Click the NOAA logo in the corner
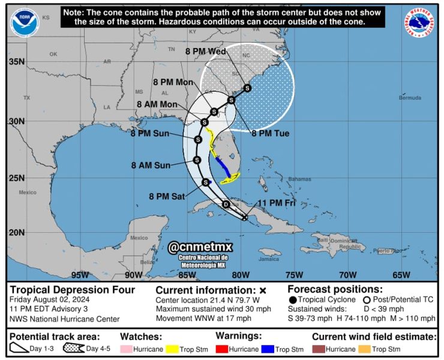pyautogui.click(x=24, y=22)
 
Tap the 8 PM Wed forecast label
pyautogui.click(x=205, y=52)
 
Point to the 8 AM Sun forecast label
pyautogui.click(x=150, y=165)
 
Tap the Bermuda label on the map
pyautogui.click(x=410, y=98)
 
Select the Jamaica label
pyautogui.click(x=269, y=259)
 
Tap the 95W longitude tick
pyautogui.click(x=80, y=275)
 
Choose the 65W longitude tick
pyautogui.click(x=401, y=275)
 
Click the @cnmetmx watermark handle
pyautogui.click(x=200, y=247)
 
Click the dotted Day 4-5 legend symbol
pyautogui.click(x=73, y=349)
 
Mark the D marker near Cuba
pyautogui.click(x=226, y=205)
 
